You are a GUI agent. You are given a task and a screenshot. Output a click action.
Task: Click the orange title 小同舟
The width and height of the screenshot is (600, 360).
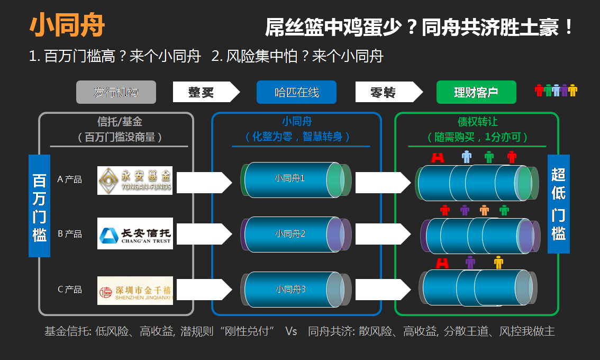coord(67,25)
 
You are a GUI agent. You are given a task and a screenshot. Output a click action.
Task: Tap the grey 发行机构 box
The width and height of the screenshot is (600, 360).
coord(116,92)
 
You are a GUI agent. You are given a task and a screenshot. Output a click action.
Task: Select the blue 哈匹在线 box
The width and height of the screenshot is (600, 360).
coord(296,92)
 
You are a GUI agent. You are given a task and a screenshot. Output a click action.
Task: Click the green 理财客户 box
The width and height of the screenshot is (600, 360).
coord(476,92)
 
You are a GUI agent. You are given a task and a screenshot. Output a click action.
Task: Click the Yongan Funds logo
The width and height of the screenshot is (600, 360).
coord(135,181)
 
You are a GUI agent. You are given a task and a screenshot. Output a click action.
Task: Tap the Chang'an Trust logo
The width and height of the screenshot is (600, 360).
coord(135,233)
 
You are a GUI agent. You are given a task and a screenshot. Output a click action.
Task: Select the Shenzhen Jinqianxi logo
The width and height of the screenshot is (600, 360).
coord(135,290)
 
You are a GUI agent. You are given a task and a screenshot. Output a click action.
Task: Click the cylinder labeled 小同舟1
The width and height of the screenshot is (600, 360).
coord(290,179)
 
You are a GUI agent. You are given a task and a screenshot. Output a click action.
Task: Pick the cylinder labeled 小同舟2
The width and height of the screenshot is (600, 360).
coord(290,233)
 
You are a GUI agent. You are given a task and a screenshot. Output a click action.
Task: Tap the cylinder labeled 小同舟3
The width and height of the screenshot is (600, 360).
coord(290,289)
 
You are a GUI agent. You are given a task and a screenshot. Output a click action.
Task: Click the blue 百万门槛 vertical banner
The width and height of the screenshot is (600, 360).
coord(39,206)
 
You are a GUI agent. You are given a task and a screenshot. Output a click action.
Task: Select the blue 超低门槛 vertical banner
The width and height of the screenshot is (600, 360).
coord(558,204)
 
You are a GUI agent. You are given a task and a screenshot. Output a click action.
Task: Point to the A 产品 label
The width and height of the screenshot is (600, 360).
coord(69,179)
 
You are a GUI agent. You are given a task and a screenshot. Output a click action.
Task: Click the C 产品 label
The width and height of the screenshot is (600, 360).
coord(69,289)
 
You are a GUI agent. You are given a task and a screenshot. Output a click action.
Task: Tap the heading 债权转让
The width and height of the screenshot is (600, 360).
coord(477,122)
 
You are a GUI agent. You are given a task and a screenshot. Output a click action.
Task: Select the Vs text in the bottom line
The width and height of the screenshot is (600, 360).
coord(291,331)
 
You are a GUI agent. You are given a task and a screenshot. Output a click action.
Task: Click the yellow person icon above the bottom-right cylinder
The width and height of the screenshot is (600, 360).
coord(498,262)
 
